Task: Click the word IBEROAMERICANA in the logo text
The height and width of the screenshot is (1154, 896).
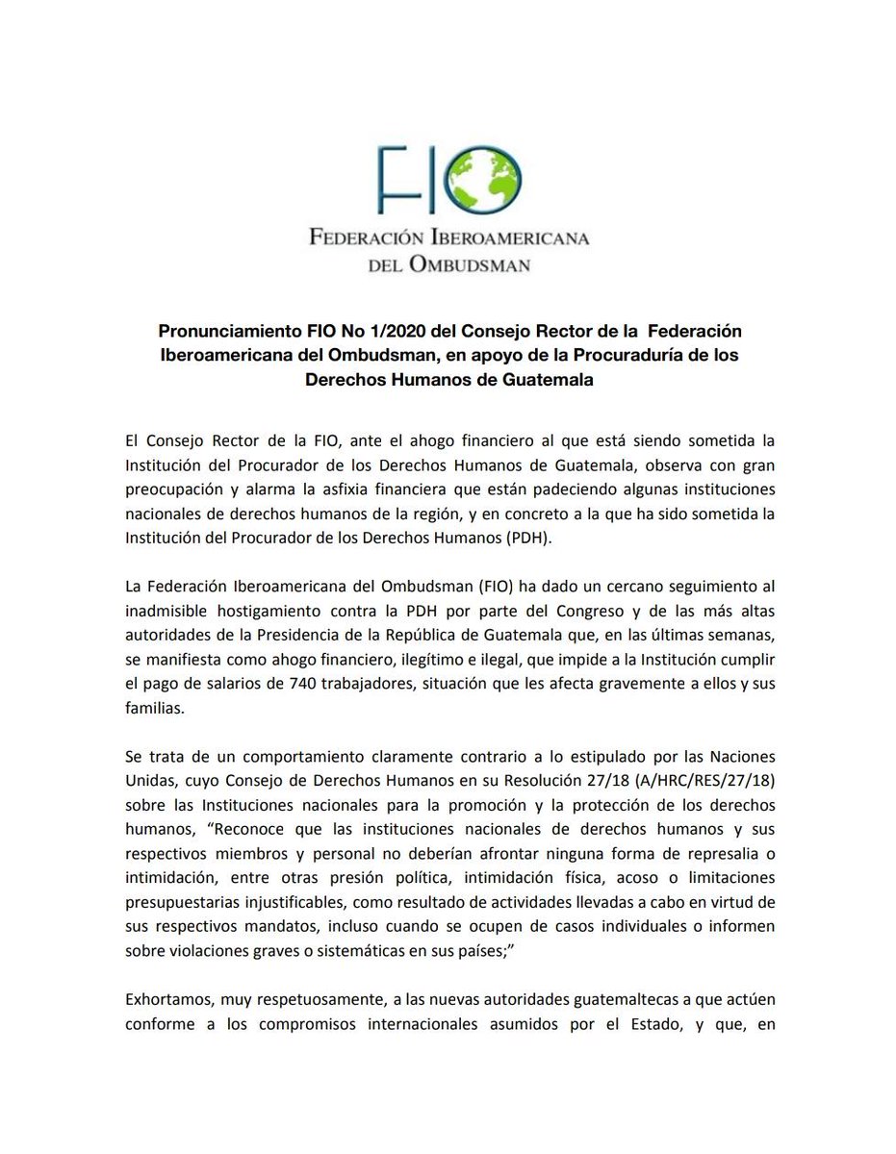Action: tap(511, 238)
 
